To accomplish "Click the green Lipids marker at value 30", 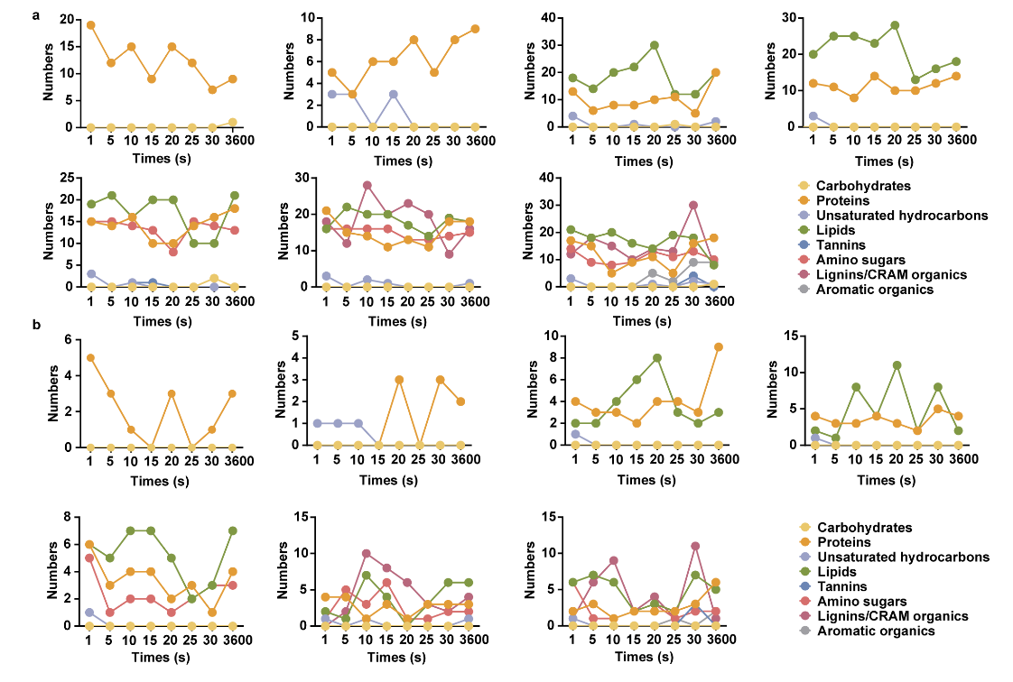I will (x=653, y=45).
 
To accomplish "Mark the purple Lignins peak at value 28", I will (x=367, y=185).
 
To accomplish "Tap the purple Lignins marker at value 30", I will (x=693, y=205).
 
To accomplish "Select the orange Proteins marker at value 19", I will (x=91, y=24).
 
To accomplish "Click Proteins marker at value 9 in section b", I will (x=716, y=346).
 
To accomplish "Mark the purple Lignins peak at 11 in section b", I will (x=693, y=545).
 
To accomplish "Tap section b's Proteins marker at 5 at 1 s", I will (x=91, y=357).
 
